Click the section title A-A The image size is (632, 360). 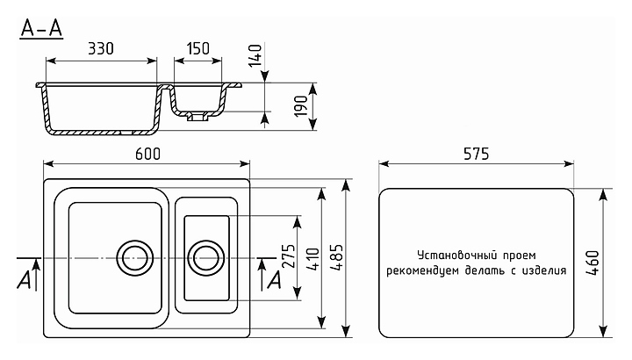[x=41, y=29]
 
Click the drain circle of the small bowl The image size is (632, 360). [x=206, y=257]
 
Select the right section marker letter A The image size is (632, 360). [x=273, y=279]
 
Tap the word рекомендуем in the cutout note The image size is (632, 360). [x=427, y=270]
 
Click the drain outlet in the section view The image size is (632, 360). [x=194, y=114]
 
